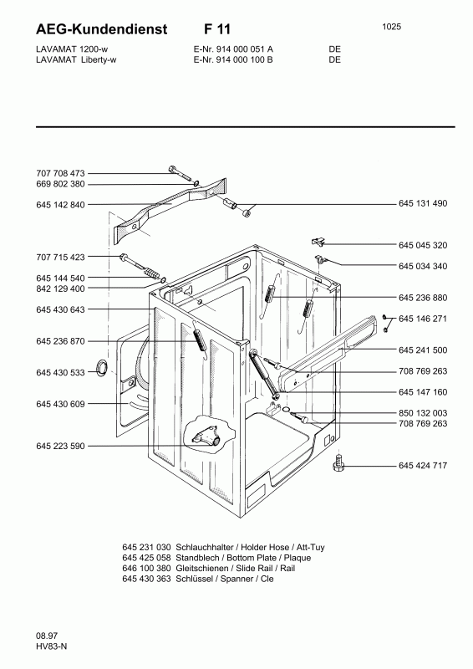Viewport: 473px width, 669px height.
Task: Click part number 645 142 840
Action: coord(60,205)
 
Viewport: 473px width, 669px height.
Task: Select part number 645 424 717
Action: coord(423,466)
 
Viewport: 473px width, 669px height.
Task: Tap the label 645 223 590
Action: coord(60,447)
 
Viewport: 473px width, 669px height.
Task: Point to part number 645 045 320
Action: coord(423,245)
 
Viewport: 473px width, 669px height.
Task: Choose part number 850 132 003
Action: coord(423,413)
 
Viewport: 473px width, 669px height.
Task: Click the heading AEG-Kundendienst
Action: coord(101,29)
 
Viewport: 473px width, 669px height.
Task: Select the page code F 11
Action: coord(216,29)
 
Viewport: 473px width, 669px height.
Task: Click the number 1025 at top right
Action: coord(392,27)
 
